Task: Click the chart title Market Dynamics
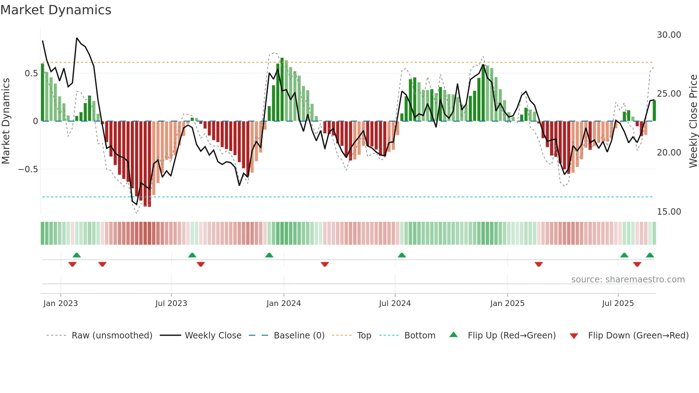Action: pos(56,10)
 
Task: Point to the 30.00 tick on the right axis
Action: pos(669,35)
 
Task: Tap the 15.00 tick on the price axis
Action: pos(669,211)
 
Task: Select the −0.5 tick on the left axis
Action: pos(28,169)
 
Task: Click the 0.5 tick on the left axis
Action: pos(31,73)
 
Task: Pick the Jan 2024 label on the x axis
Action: pos(284,303)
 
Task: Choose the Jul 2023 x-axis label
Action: pos(171,303)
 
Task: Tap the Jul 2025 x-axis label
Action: pos(618,303)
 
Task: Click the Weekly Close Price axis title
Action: pos(693,121)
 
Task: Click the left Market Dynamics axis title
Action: pos(6,121)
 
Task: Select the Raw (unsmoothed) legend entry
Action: pos(112,336)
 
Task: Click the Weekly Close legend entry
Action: pos(213,336)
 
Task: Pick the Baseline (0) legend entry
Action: pos(299,336)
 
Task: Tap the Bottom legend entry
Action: pos(420,336)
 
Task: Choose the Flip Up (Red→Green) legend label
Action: pos(511,336)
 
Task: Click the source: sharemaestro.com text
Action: pos(628,280)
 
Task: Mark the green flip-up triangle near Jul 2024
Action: pos(402,255)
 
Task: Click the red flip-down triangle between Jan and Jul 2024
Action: pos(325,264)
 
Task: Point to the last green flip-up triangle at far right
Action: pos(650,255)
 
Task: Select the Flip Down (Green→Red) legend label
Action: pos(638,336)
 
